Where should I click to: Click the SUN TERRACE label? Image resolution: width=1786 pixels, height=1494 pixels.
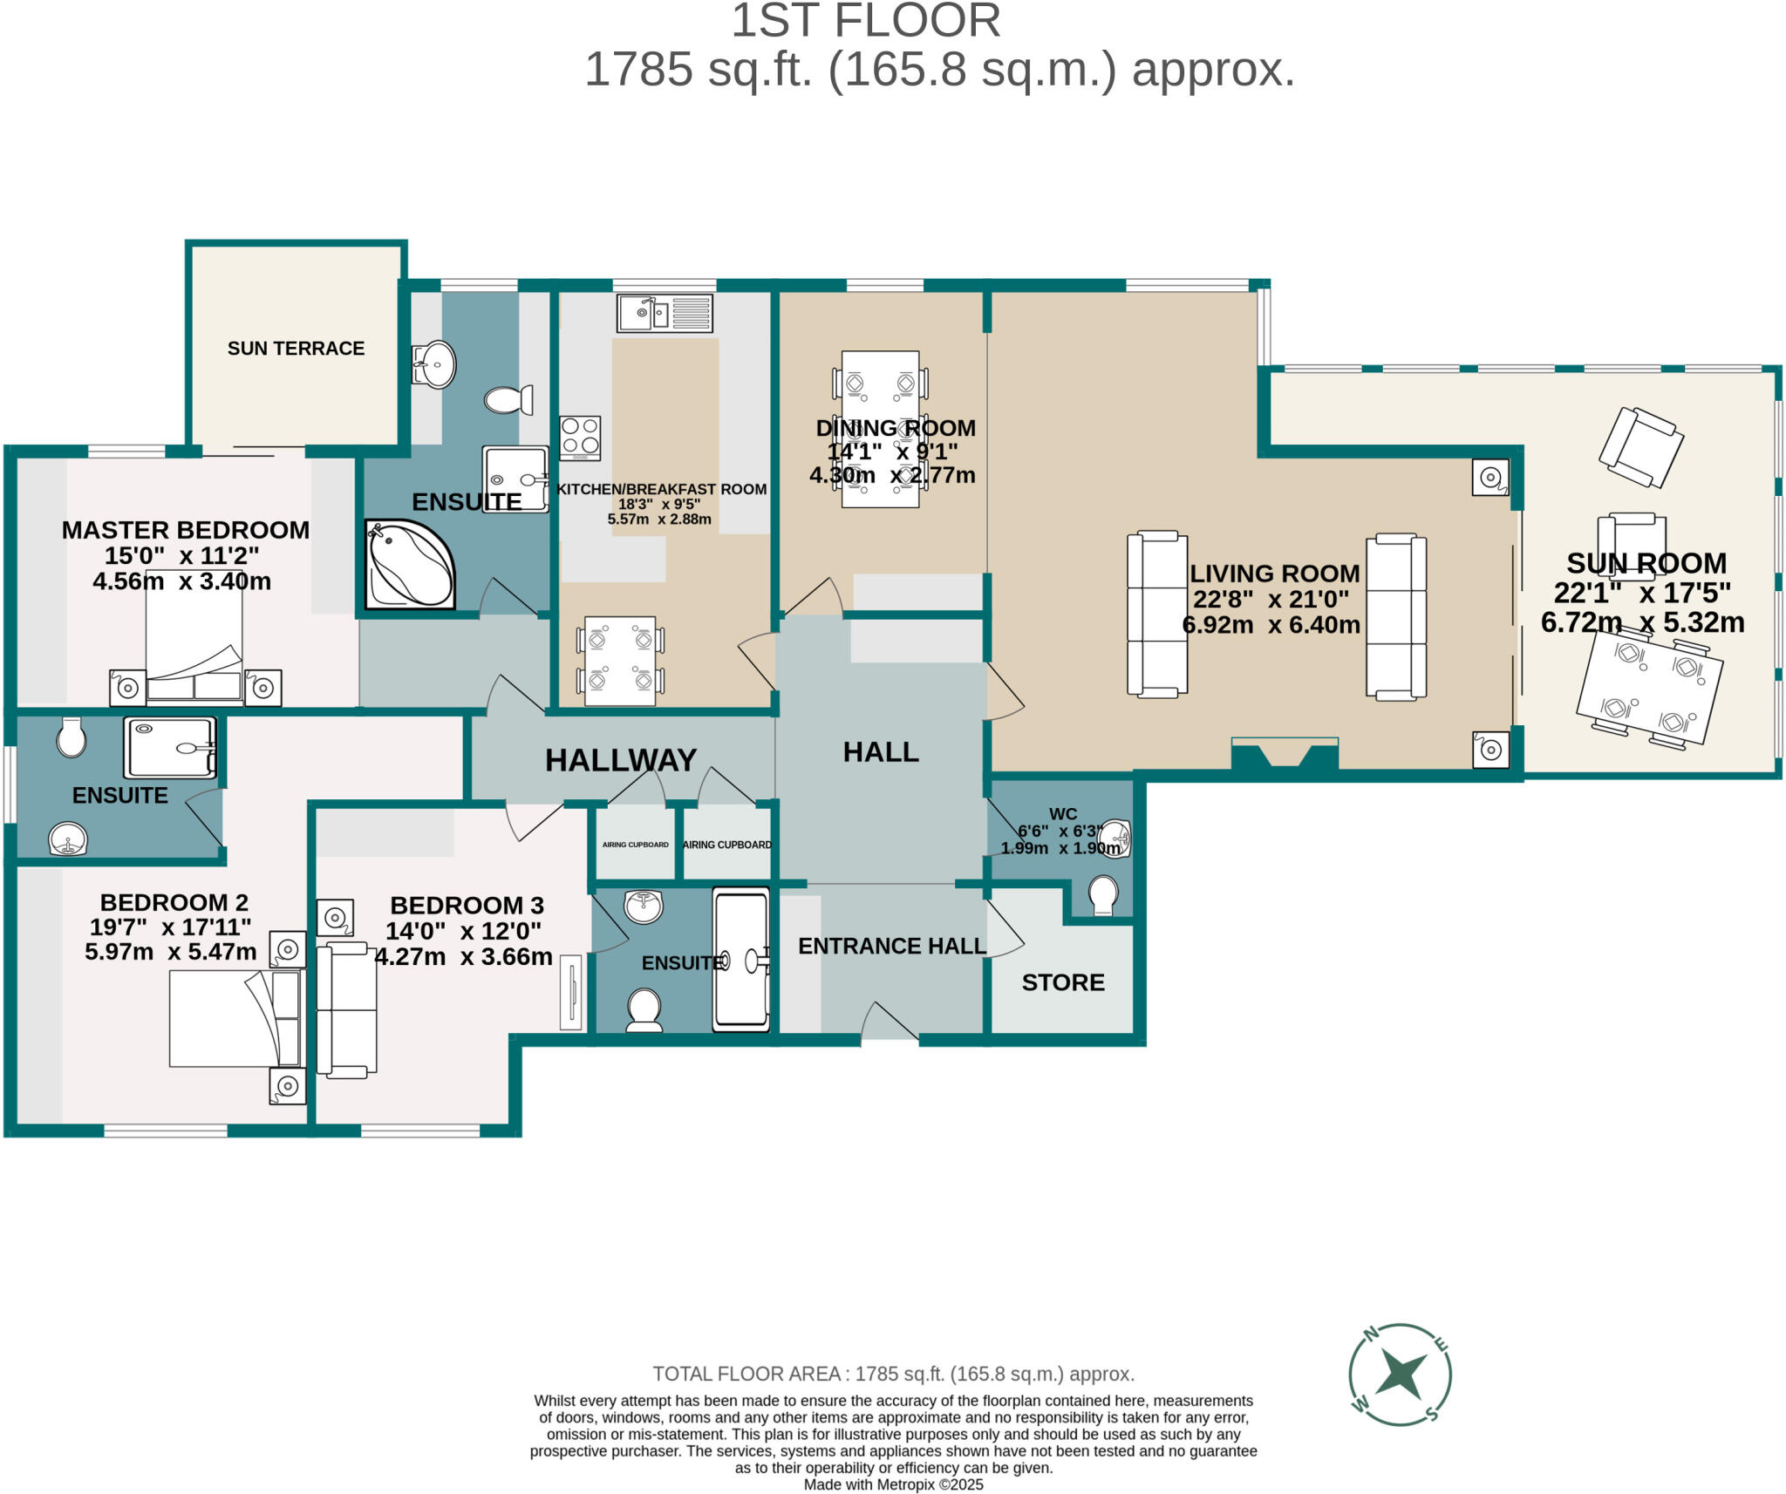296,349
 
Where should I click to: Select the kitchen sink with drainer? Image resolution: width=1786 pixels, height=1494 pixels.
665,313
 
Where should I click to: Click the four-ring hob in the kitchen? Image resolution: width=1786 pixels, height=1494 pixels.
580,438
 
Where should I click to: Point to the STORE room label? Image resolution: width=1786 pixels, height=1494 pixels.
1062,982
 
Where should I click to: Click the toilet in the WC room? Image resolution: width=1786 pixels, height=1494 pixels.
1103,895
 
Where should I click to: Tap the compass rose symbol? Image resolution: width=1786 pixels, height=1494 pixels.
1399,1375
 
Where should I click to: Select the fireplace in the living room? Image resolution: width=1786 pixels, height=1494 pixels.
1285,753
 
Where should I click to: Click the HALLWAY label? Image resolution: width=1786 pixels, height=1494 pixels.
620,760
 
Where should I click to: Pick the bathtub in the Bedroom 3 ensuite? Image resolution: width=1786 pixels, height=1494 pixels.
740,959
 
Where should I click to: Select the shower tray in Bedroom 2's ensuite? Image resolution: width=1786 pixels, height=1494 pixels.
170,747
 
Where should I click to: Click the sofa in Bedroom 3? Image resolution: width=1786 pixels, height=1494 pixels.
346,1010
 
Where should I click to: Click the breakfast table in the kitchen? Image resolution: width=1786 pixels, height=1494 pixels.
620,661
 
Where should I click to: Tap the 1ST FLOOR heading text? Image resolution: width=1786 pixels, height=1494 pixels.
865,21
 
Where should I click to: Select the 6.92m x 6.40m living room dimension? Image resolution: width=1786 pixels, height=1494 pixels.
1271,625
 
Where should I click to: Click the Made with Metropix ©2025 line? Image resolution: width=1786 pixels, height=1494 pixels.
893,1484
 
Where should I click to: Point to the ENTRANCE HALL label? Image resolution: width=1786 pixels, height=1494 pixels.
891,946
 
